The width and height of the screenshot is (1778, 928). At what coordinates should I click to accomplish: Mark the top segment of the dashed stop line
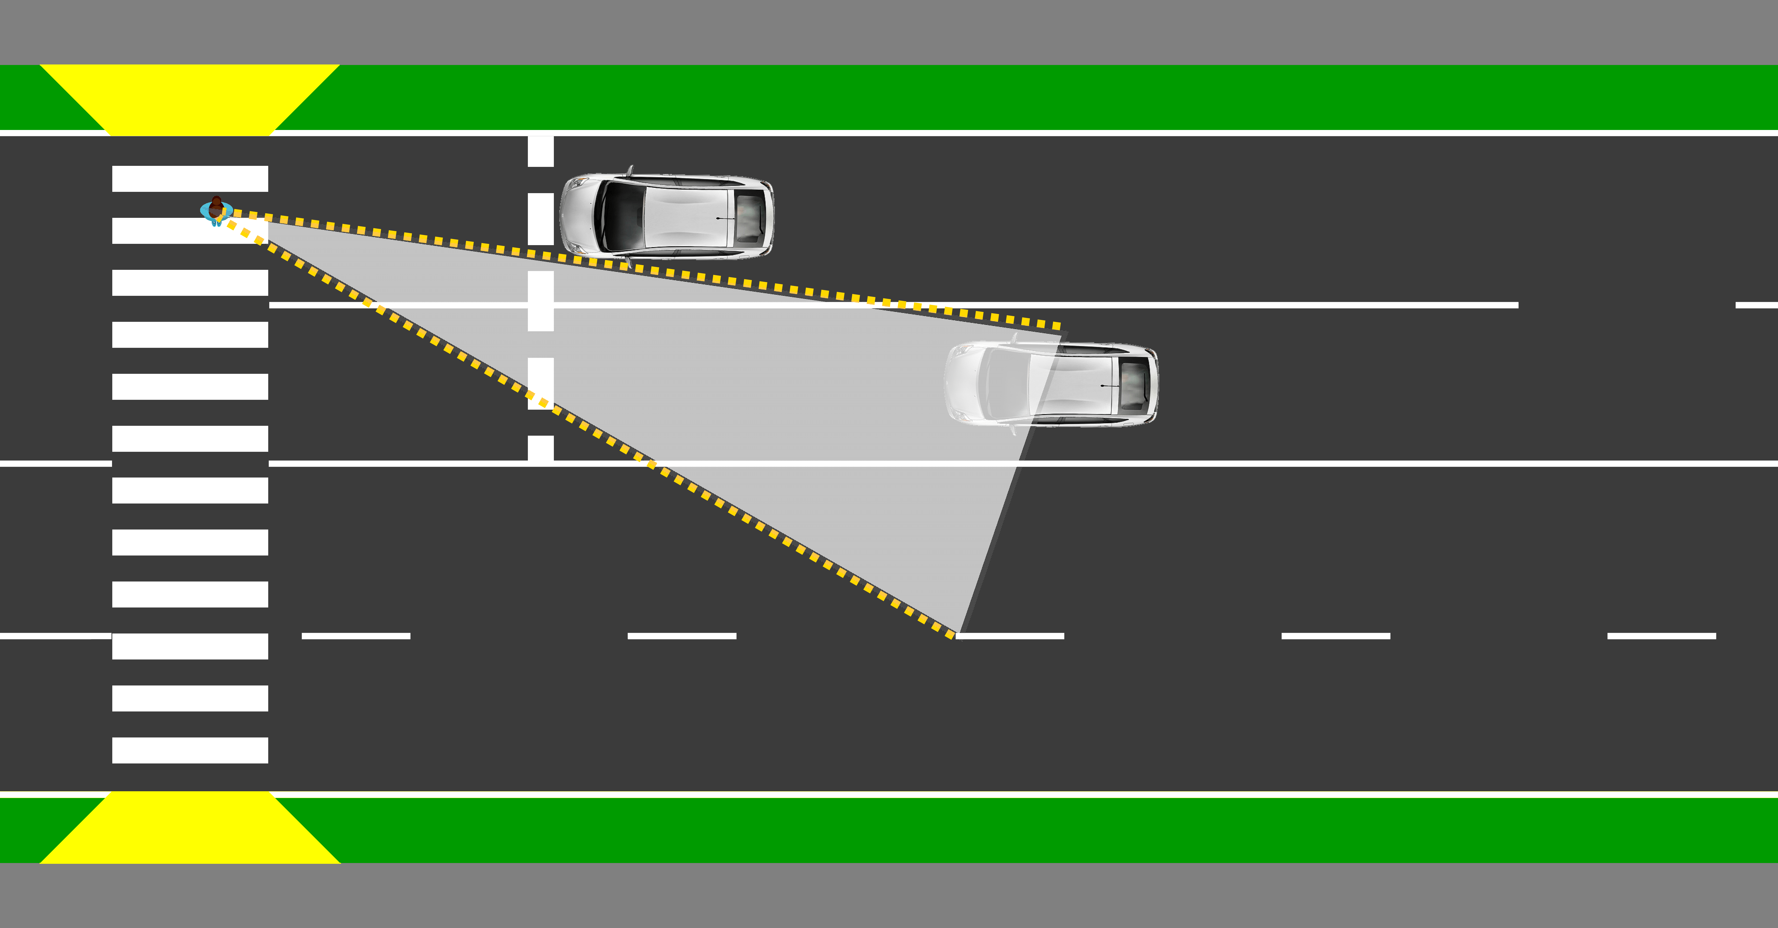coord(540,151)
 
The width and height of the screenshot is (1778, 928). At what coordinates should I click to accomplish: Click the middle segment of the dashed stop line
coord(540,300)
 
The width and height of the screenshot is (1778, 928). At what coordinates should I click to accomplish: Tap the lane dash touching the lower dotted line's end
coord(1011,636)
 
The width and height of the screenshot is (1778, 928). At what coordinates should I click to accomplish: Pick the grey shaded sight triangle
coord(759,387)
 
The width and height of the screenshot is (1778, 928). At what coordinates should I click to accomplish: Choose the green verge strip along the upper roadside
coord(1035,97)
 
